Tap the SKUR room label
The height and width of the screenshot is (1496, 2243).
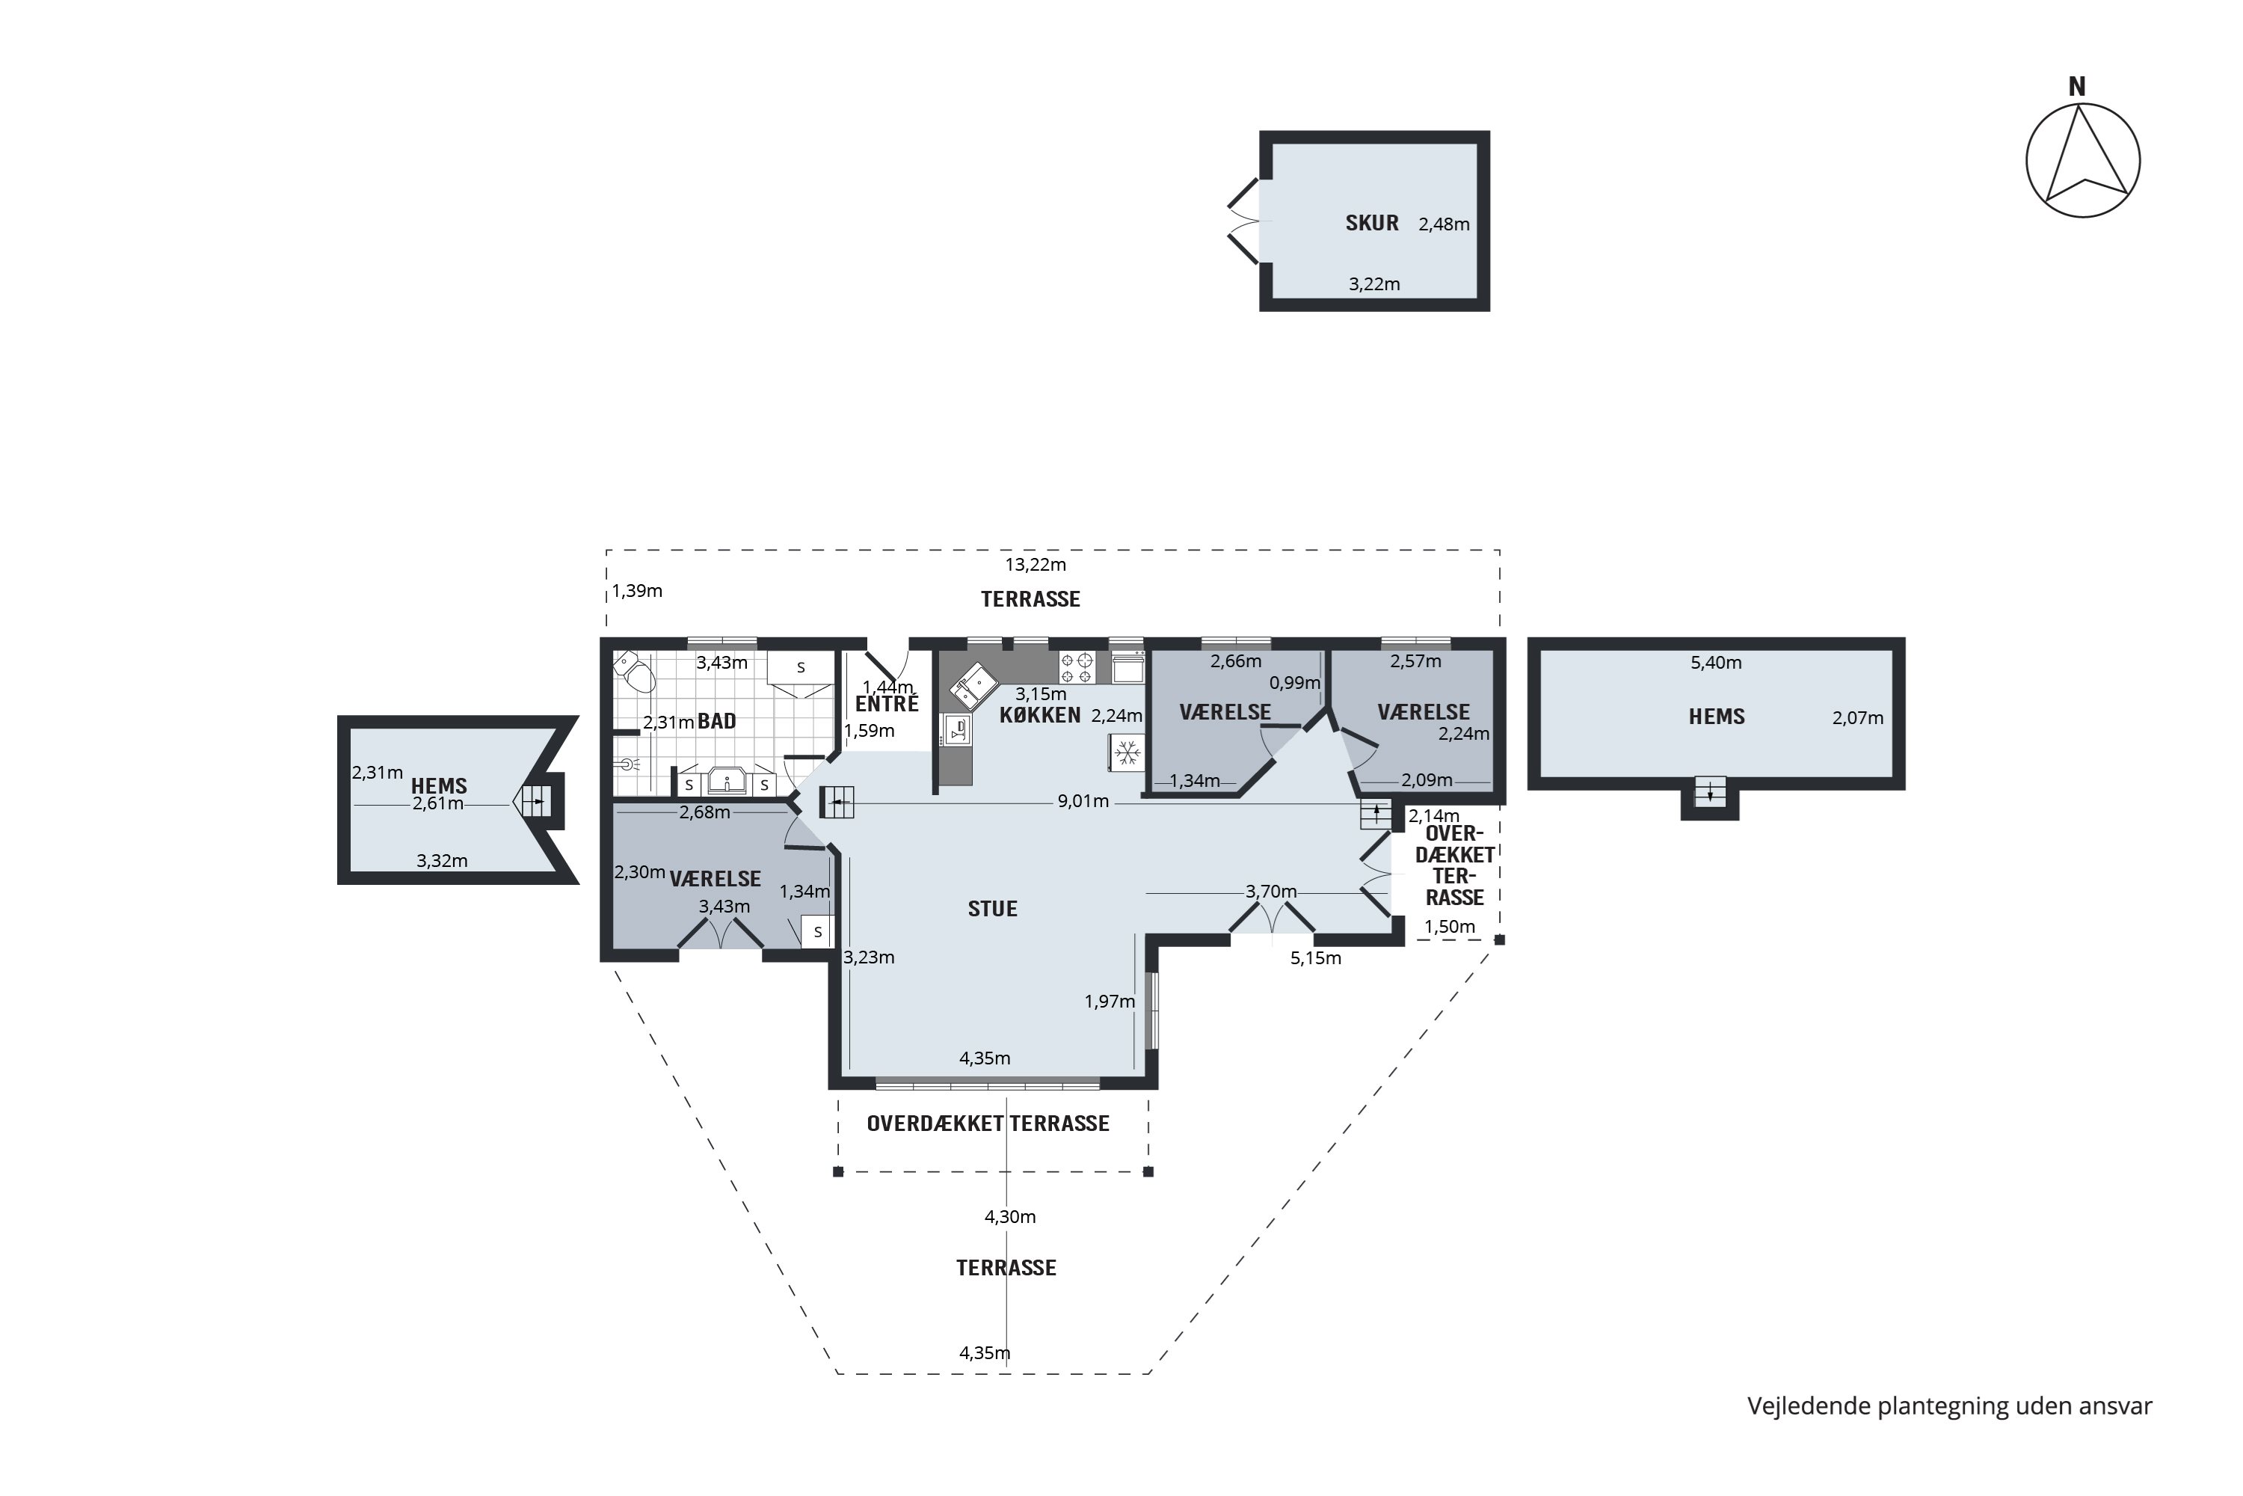[1371, 223]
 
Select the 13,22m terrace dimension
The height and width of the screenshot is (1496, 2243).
[1035, 565]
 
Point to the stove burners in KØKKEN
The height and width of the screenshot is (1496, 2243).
[1077, 667]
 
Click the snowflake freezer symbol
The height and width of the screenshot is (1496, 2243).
[1127, 752]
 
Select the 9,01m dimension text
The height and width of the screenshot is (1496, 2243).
[1083, 801]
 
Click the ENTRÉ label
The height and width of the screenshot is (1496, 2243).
[887, 704]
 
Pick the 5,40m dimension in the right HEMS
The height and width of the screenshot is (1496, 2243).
[1716, 663]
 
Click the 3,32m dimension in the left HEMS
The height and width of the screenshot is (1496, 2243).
[442, 861]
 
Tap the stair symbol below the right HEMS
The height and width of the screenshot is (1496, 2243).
[1710, 791]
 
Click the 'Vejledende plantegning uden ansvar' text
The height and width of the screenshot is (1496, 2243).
[1949, 1407]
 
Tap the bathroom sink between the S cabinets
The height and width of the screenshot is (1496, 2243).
[727, 782]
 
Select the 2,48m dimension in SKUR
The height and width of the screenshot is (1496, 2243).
[1444, 225]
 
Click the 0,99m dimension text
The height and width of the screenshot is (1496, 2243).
[1294, 683]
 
